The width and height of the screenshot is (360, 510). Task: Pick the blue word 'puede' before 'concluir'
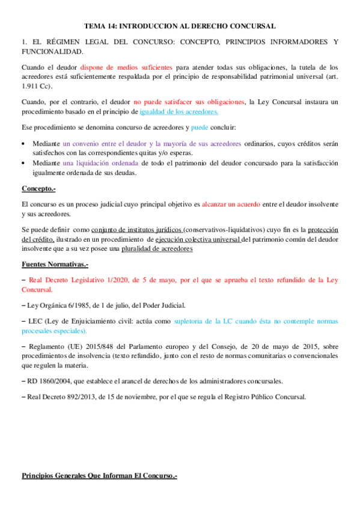(x=200, y=127)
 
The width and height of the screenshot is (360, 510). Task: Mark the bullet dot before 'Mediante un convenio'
(x=23, y=144)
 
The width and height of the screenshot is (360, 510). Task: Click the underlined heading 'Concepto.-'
(x=38, y=189)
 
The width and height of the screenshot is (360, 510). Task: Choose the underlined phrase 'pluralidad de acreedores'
(x=172, y=248)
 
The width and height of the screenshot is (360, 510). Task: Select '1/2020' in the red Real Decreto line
(x=114, y=280)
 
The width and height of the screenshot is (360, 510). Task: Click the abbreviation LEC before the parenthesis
(x=35, y=322)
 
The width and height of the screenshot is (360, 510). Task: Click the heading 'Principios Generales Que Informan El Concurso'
(x=99, y=476)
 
